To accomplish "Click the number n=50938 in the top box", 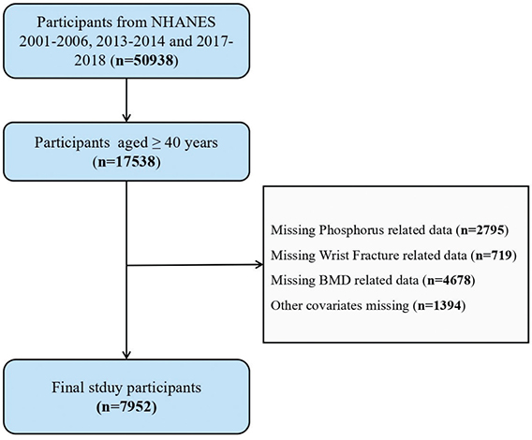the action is (145, 61).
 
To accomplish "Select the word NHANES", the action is (184, 22).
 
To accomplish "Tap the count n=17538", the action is (126, 162).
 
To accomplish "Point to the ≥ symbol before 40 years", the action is (157, 143).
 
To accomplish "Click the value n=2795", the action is (481, 230).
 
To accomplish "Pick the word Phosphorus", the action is (351, 230).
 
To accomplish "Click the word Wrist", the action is (332, 256).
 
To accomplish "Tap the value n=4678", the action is (449, 280).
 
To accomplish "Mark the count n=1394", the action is (439, 305).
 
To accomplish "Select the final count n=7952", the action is (126, 406).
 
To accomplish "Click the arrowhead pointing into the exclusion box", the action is (259, 265).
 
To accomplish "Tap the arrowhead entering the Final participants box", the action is (126, 355).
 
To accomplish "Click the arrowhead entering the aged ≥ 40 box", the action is (126, 117).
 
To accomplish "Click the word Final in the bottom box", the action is (68, 388).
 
